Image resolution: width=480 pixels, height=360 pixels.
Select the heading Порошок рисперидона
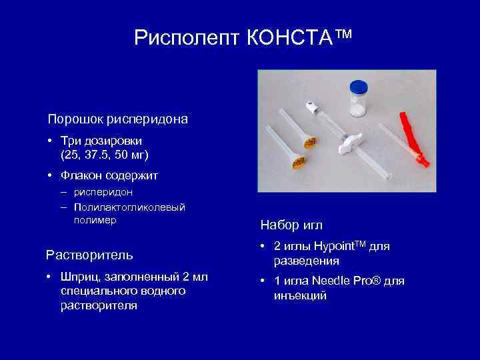coord(117,120)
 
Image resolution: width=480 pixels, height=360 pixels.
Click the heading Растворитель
coord(89,255)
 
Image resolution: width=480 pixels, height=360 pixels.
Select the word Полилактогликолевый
coord(129,207)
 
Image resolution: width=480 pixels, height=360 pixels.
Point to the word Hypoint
coord(336,247)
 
